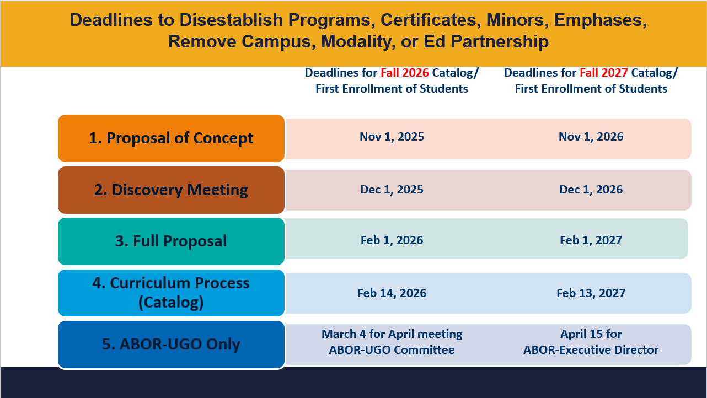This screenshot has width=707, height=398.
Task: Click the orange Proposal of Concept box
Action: pos(171,138)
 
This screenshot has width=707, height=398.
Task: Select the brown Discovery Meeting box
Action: pos(171,190)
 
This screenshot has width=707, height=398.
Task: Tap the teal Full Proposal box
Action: pos(171,241)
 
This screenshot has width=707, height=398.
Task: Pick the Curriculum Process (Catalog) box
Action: pos(171,293)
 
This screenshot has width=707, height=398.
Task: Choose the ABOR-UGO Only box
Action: pos(171,345)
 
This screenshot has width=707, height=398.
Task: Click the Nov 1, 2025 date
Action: pos(392,137)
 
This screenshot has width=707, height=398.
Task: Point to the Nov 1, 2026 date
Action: pos(591,137)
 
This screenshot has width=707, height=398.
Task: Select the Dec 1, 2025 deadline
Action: pos(392,190)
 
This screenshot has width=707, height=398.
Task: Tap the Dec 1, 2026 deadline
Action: pos(591,190)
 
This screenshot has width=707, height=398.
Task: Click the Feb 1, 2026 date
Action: pos(392,240)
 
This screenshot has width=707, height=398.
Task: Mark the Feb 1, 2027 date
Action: pos(591,240)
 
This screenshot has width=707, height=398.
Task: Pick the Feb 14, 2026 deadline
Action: pos(392,293)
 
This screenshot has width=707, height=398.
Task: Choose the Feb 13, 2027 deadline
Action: pos(591,293)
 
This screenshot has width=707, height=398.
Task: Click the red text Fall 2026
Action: pos(405,73)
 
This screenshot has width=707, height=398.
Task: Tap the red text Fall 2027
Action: pos(604,73)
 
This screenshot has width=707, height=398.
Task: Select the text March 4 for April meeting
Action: pos(392,334)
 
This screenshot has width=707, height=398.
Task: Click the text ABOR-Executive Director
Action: pos(591,350)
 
